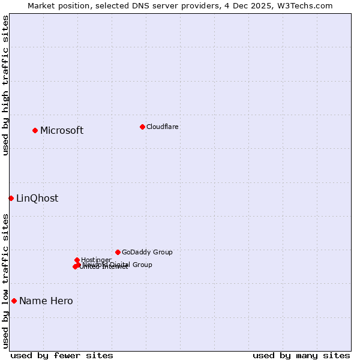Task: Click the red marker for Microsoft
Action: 35,130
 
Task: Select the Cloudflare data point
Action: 142,127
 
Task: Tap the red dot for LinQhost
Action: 11,198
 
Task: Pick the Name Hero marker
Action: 14,301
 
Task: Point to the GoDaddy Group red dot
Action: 118,252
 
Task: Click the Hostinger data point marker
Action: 77,260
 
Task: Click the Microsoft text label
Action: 62,131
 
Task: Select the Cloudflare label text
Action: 163,127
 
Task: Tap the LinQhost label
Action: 37,199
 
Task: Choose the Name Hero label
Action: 46,301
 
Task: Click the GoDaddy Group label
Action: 147,252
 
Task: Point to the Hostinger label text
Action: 96,260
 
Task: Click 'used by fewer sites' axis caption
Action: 62,355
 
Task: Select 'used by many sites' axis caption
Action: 301,355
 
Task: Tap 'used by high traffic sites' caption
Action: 5,85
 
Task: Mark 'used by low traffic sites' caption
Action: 5,280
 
